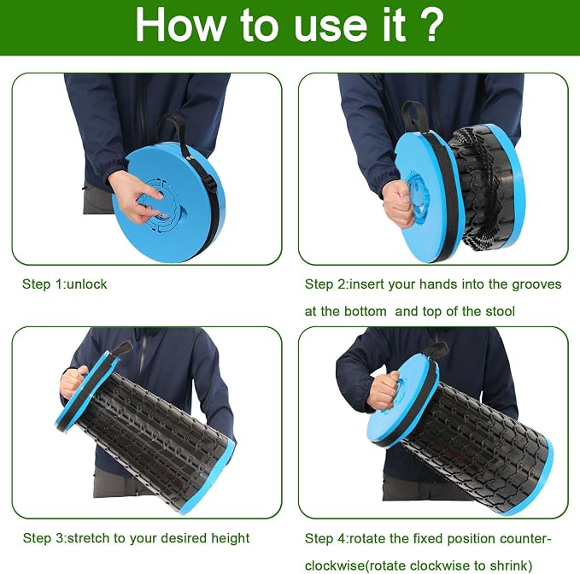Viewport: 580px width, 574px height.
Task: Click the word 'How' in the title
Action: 180,25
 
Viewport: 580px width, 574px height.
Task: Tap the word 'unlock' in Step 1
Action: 87,284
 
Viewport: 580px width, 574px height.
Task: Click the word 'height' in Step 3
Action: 231,538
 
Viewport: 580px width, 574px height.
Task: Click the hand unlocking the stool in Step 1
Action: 135,196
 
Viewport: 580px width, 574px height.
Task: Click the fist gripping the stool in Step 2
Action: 398,203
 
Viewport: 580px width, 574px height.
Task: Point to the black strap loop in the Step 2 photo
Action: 415,116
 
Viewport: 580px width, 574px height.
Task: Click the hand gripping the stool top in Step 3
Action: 73,381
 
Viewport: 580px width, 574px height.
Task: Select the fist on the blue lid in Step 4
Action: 384,390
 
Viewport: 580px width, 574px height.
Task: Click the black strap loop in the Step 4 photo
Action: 437,348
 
